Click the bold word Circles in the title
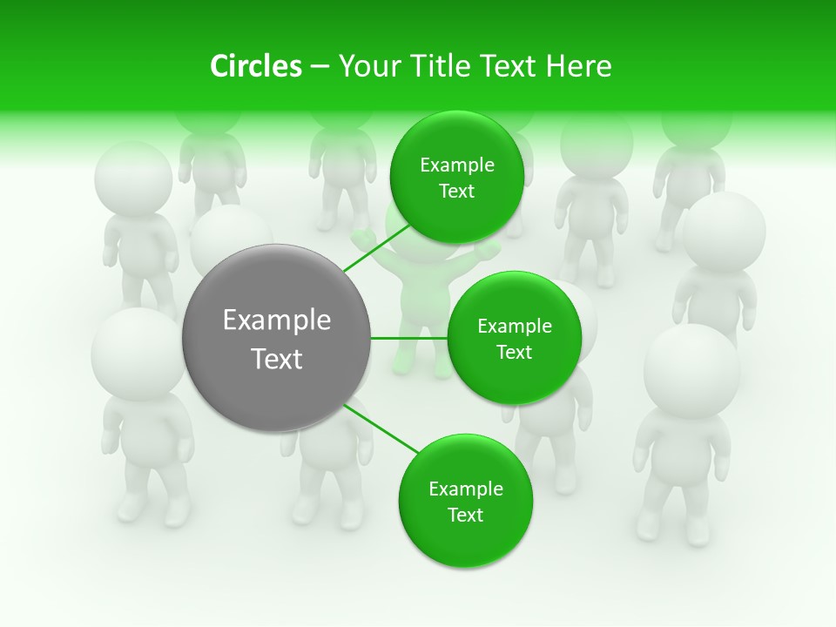[x=256, y=66]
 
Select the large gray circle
[x=276, y=338]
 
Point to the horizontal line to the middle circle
[x=409, y=338]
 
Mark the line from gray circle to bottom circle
[x=381, y=429]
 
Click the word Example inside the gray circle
[x=276, y=320]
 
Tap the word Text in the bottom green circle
[x=465, y=516]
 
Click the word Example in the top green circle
[x=456, y=165]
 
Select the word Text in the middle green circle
[x=514, y=353]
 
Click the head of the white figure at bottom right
[x=692, y=369]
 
